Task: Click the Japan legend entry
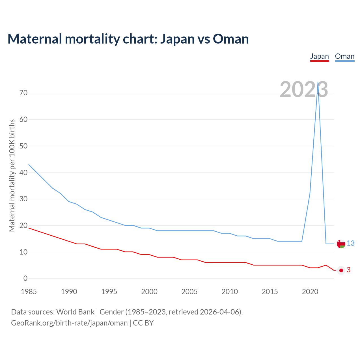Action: pyautogui.click(x=319, y=56)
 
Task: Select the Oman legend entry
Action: pyautogui.click(x=344, y=56)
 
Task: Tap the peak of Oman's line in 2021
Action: pyautogui.click(x=318, y=83)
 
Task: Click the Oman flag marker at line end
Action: pyautogui.click(x=341, y=244)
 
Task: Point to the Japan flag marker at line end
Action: pyautogui.click(x=341, y=270)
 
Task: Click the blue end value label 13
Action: pyautogui.click(x=351, y=243)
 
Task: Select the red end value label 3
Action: pyautogui.click(x=348, y=270)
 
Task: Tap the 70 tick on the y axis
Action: pyautogui.click(x=23, y=93)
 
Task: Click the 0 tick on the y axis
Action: pyautogui.click(x=25, y=279)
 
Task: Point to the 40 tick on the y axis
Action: pyautogui.click(x=23, y=173)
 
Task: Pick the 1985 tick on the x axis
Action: pyautogui.click(x=29, y=292)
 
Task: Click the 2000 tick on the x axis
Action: pyautogui.click(x=149, y=292)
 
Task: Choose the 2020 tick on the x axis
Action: pyautogui.click(x=310, y=292)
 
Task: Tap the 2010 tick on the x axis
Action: pyautogui.click(x=230, y=292)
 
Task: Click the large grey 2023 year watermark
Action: pyautogui.click(x=304, y=89)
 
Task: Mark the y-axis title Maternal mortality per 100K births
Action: pyautogui.click(x=12, y=175)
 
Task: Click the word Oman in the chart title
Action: pyautogui.click(x=231, y=39)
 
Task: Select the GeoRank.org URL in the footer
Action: pyautogui.click(x=69, y=323)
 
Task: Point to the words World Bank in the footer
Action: pyautogui.click(x=75, y=312)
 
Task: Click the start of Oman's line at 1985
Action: pyautogui.click(x=29, y=165)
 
